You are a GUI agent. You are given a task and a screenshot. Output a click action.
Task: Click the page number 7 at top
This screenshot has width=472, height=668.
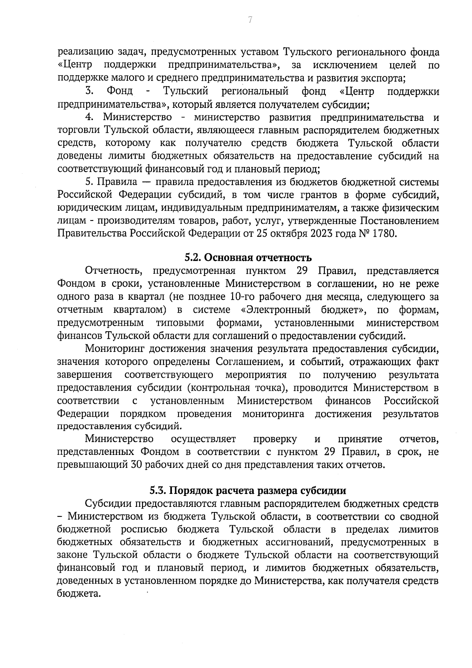coord(250,20)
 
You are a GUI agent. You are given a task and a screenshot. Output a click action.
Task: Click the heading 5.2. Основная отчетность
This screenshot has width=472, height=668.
coord(248,258)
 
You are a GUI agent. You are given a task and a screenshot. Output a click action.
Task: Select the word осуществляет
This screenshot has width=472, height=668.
coord(203,439)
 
